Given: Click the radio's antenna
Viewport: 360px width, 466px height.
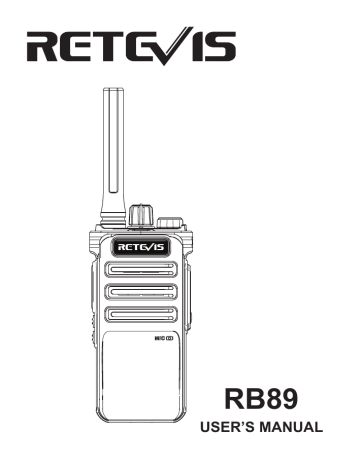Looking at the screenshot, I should pos(109,150).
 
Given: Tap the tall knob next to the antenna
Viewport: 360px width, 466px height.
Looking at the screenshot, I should pos(139,214).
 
